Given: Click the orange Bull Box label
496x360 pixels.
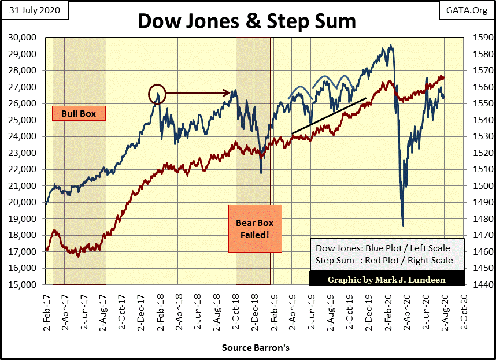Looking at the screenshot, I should click(79, 113).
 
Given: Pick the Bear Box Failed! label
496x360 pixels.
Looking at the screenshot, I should click(254, 228).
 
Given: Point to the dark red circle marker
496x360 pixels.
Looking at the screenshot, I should click(157, 92).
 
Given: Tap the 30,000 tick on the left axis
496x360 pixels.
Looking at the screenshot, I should click(24, 38).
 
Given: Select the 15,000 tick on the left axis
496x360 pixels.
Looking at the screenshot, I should click(24, 285).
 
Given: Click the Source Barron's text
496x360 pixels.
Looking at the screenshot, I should click(255, 348).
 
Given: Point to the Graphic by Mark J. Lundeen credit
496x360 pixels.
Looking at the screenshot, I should click(387, 279).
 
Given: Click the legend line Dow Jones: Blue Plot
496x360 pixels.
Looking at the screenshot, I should click(383, 248).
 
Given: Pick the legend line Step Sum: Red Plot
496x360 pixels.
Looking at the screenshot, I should click(384, 261).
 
